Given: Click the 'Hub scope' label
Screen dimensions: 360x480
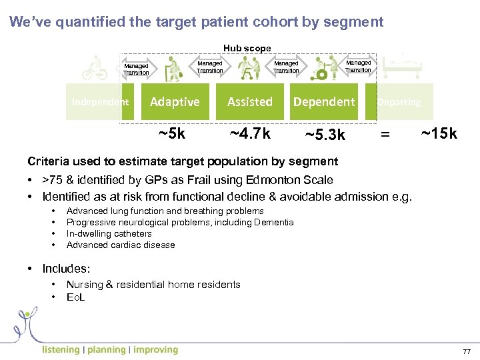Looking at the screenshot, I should (x=247, y=48).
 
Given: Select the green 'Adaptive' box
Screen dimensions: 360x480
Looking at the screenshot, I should (x=175, y=102).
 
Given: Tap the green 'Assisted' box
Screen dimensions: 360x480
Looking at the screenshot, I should (x=250, y=102).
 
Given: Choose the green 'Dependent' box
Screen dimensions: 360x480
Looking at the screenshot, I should (x=325, y=102).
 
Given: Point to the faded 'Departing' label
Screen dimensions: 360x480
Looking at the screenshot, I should (x=399, y=102).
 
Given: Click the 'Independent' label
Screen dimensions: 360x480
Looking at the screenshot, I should (x=100, y=102).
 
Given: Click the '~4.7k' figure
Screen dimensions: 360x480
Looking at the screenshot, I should (x=250, y=134).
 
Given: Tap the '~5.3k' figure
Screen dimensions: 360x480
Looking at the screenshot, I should (x=325, y=136).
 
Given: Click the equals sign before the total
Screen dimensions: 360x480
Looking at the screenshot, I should (x=384, y=135).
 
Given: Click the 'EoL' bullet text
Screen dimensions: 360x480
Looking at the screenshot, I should (x=75, y=297).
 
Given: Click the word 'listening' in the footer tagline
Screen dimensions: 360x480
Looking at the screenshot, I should (x=61, y=349).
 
